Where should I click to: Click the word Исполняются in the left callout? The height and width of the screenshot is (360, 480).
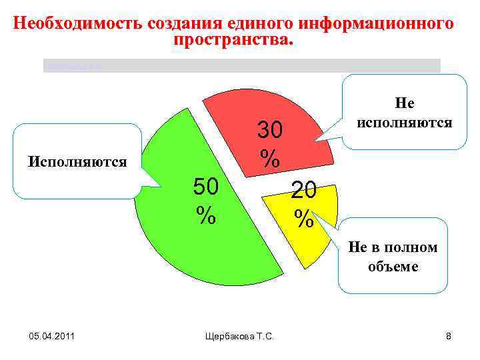pyautogui.click(x=76, y=161)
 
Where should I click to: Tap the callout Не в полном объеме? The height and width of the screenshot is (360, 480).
pyautogui.click(x=393, y=257)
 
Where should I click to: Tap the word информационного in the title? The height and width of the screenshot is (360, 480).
pyautogui.click(x=377, y=24)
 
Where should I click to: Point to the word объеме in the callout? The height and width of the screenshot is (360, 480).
pyautogui.click(x=393, y=267)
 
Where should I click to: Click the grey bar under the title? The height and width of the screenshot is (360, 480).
pyautogui.click(x=241, y=65)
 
